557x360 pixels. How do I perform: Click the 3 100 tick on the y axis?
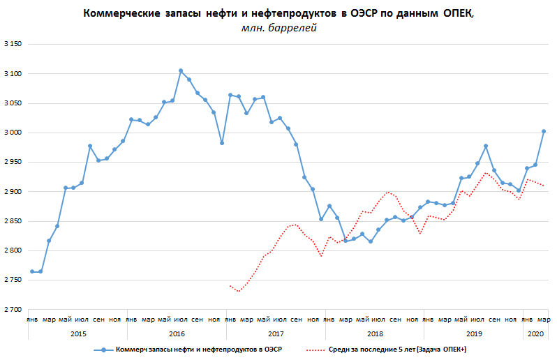click(13, 74)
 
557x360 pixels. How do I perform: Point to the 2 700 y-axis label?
click(13, 309)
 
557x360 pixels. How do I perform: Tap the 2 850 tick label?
click(13, 221)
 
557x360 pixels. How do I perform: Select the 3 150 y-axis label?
click(13, 45)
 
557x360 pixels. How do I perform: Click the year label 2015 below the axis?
click(79, 335)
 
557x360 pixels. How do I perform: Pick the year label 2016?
click(177, 335)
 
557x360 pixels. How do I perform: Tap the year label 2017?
click(276, 335)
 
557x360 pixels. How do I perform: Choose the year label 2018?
click(375, 335)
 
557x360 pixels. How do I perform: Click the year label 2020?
click(535, 335)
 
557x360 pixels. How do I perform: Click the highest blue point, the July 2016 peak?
click(181, 70)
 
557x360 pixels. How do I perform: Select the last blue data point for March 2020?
click(544, 131)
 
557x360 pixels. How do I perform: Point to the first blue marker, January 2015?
click(32, 271)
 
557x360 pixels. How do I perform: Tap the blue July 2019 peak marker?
click(486, 146)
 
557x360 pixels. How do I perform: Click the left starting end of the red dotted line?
click(230, 285)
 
